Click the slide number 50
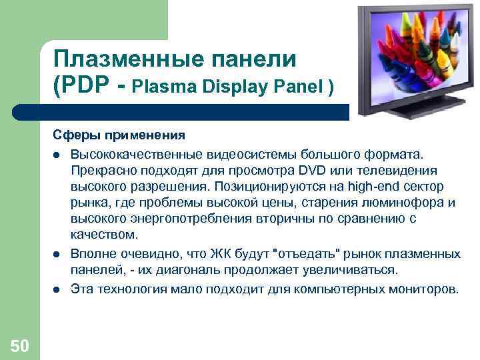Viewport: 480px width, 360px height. pyautogui.click(x=20, y=345)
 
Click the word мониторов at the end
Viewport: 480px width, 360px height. pyautogui.click(x=424, y=290)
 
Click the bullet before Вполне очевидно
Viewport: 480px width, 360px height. pyautogui.click(x=57, y=255)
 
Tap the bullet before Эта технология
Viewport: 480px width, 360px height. pyautogui.click(x=57, y=290)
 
